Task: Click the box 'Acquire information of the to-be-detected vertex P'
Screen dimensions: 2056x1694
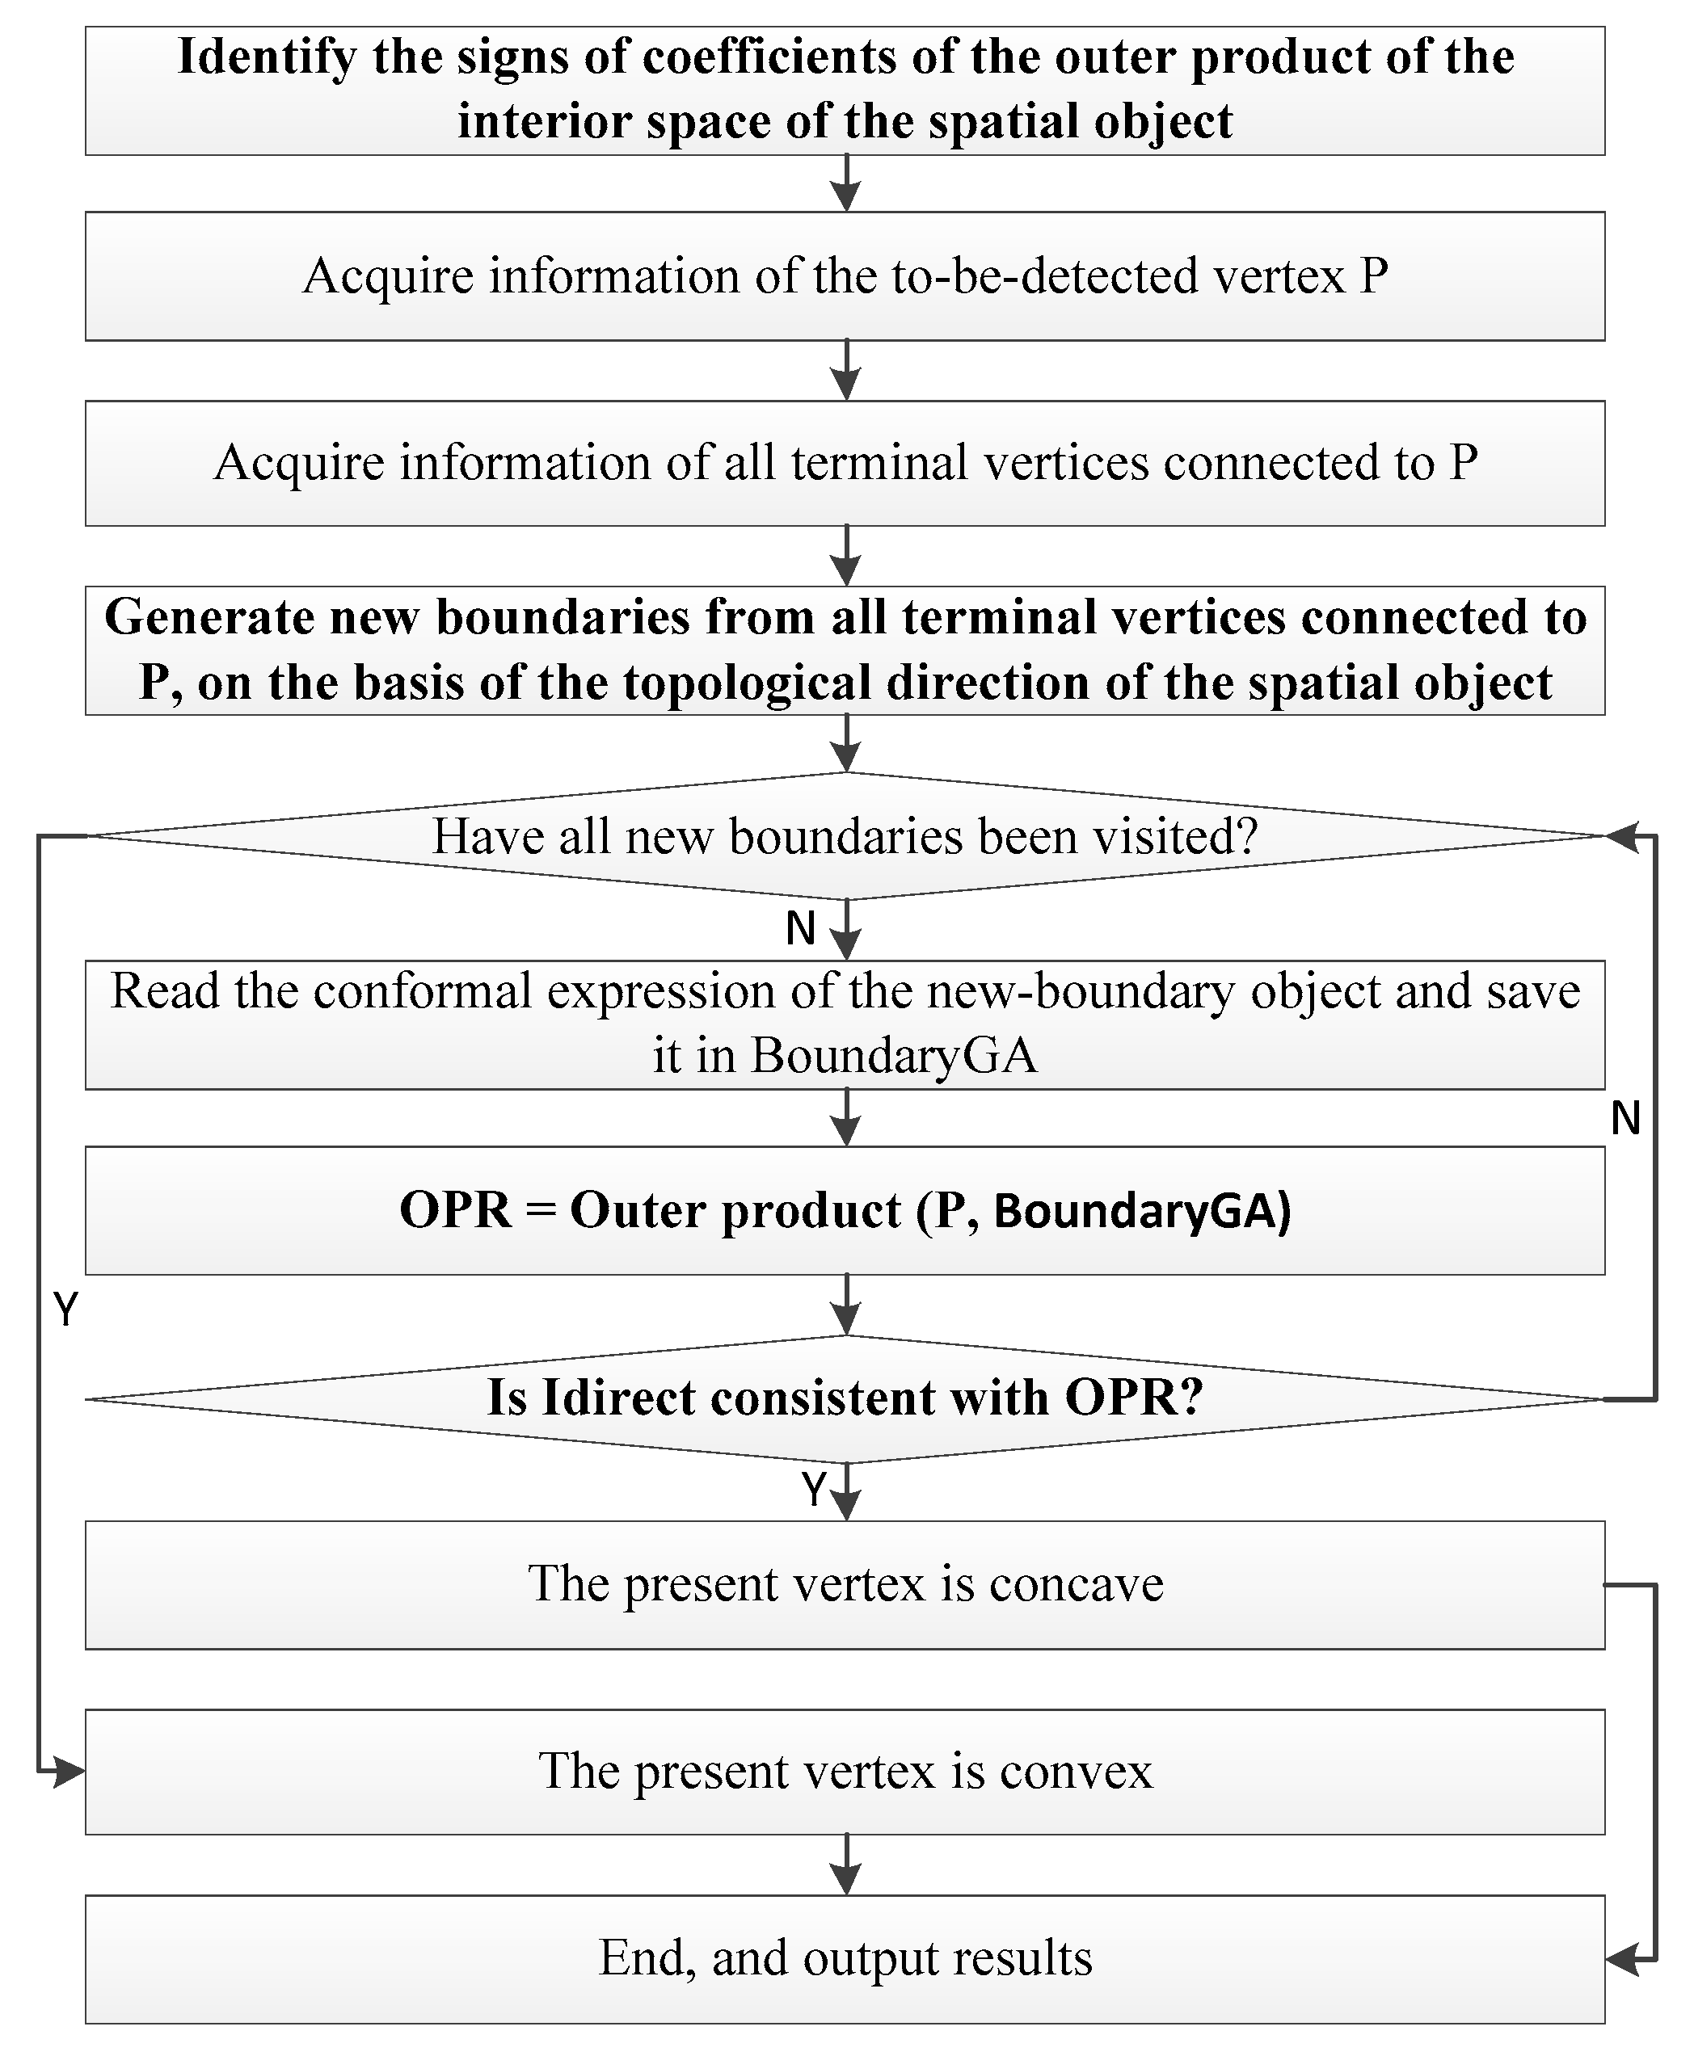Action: pos(845,276)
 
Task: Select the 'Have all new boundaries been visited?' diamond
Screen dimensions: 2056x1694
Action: pos(845,836)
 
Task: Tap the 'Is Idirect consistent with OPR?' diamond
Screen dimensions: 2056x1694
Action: pos(845,1398)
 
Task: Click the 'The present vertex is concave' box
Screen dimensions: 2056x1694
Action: pos(845,1584)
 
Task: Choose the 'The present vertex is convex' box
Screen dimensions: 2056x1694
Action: pos(845,1771)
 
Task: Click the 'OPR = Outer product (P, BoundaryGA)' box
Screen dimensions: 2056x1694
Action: pos(845,1210)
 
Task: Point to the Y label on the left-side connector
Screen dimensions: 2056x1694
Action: pos(65,1310)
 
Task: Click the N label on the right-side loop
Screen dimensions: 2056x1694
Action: pos(1625,1118)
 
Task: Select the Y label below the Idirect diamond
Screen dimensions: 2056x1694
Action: pos(814,1490)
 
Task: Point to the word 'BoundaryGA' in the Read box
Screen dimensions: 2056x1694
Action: pos(893,1055)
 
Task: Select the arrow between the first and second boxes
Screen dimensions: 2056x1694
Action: pos(846,183)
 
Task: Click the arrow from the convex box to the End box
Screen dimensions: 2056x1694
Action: pos(846,1864)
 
